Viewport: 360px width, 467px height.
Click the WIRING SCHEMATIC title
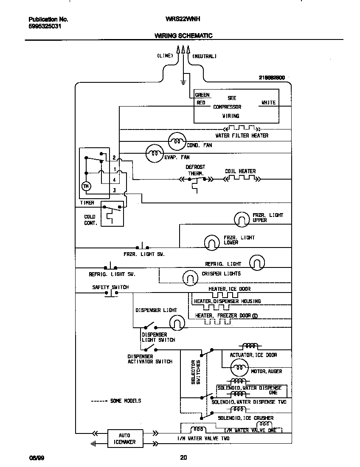point(183,36)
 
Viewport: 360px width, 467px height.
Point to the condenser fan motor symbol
point(177,141)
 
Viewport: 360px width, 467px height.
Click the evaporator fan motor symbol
point(155,153)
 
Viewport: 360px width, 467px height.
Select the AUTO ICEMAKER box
point(124,439)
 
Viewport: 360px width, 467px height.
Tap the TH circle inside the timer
point(86,186)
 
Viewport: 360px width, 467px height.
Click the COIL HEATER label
point(240,172)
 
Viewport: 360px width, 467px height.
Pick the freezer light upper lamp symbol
point(242,219)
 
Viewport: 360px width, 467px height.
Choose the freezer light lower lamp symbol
point(212,242)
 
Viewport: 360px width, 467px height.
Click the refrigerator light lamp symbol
point(257,262)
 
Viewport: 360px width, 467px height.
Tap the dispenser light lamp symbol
point(177,324)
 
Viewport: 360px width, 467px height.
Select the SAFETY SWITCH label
point(110,287)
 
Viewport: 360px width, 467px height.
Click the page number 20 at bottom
point(183,458)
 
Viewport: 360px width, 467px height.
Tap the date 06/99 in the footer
point(35,458)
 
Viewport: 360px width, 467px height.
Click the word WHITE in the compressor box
point(268,102)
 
